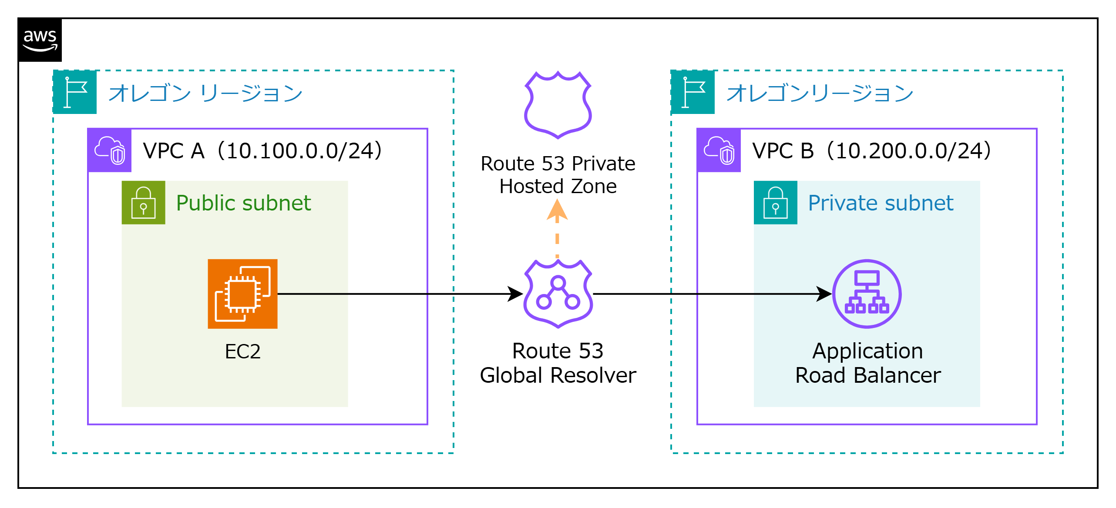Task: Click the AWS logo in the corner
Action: [x=40, y=40]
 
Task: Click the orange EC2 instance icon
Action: [x=242, y=294]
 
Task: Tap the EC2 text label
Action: [x=242, y=351]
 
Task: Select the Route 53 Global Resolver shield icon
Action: [x=558, y=294]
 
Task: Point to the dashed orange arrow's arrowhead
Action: [x=557, y=210]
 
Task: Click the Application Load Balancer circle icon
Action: [x=867, y=294]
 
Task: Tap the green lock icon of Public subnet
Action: [x=143, y=203]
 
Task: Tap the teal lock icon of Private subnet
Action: [x=775, y=203]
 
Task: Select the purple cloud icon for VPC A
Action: [x=110, y=150]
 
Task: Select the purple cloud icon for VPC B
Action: [x=719, y=150]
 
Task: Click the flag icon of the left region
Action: [x=75, y=92]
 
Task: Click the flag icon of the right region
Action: [x=693, y=92]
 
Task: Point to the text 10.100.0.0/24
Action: [x=300, y=151]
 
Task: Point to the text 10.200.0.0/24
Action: [x=909, y=151]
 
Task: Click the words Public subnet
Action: [x=243, y=203]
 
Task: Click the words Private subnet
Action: [x=881, y=203]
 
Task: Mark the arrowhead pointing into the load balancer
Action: [x=824, y=294]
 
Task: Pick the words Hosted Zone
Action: [x=558, y=187]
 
